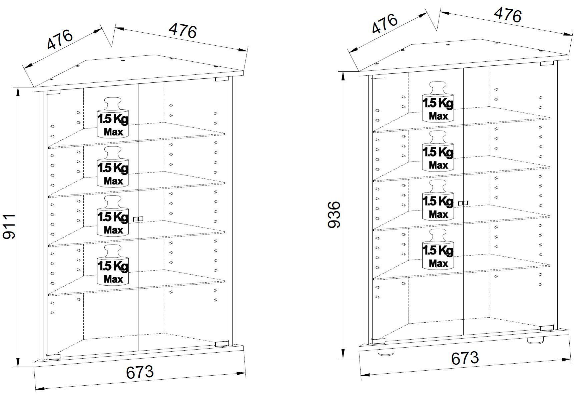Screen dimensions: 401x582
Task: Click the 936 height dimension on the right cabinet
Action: click(x=334, y=215)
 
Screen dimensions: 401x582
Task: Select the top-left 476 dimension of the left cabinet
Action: click(x=60, y=39)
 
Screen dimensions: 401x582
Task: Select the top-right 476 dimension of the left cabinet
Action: click(x=183, y=30)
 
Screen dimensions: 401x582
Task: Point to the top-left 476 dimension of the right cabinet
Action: click(x=385, y=24)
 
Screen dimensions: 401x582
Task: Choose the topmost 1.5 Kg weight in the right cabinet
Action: click(x=438, y=102)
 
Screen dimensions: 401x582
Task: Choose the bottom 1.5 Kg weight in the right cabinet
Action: click(x=438, y=249)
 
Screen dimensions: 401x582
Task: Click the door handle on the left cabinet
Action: click(x=138, y=219)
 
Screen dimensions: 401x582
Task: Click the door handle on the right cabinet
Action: click(x=463, y=203)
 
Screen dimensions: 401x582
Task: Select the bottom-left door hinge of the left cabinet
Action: click(x=53, y=357)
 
